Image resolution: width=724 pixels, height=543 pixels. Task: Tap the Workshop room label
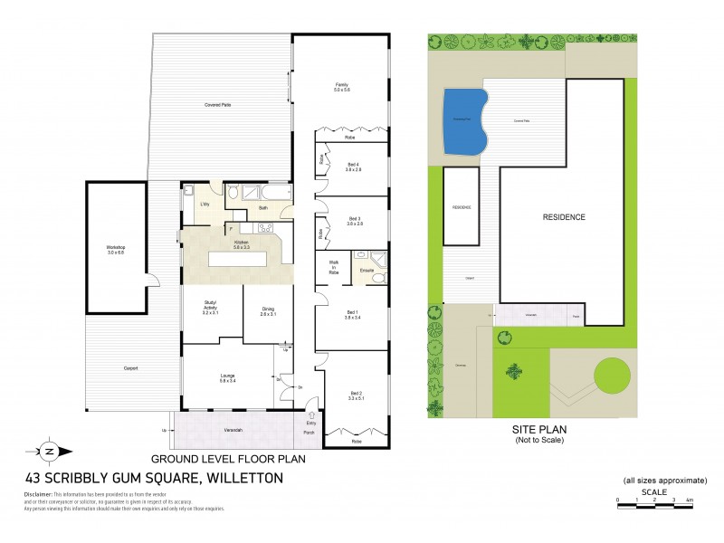tap(115, 249)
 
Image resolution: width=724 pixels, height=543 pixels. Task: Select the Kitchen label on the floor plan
tap(242, 243)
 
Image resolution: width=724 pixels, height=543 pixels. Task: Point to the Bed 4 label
tap(353, 167)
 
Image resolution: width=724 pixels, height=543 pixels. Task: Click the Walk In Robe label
tap(333, 268)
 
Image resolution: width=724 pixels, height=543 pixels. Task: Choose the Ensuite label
tap(367, 271)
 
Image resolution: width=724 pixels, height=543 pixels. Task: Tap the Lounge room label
tap(226, 378)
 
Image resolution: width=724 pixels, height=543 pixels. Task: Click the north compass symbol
tap(49, 450)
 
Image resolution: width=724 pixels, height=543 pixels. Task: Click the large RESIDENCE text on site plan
tap(564, 217)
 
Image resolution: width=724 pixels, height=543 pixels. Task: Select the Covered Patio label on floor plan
tap(217, 106)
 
